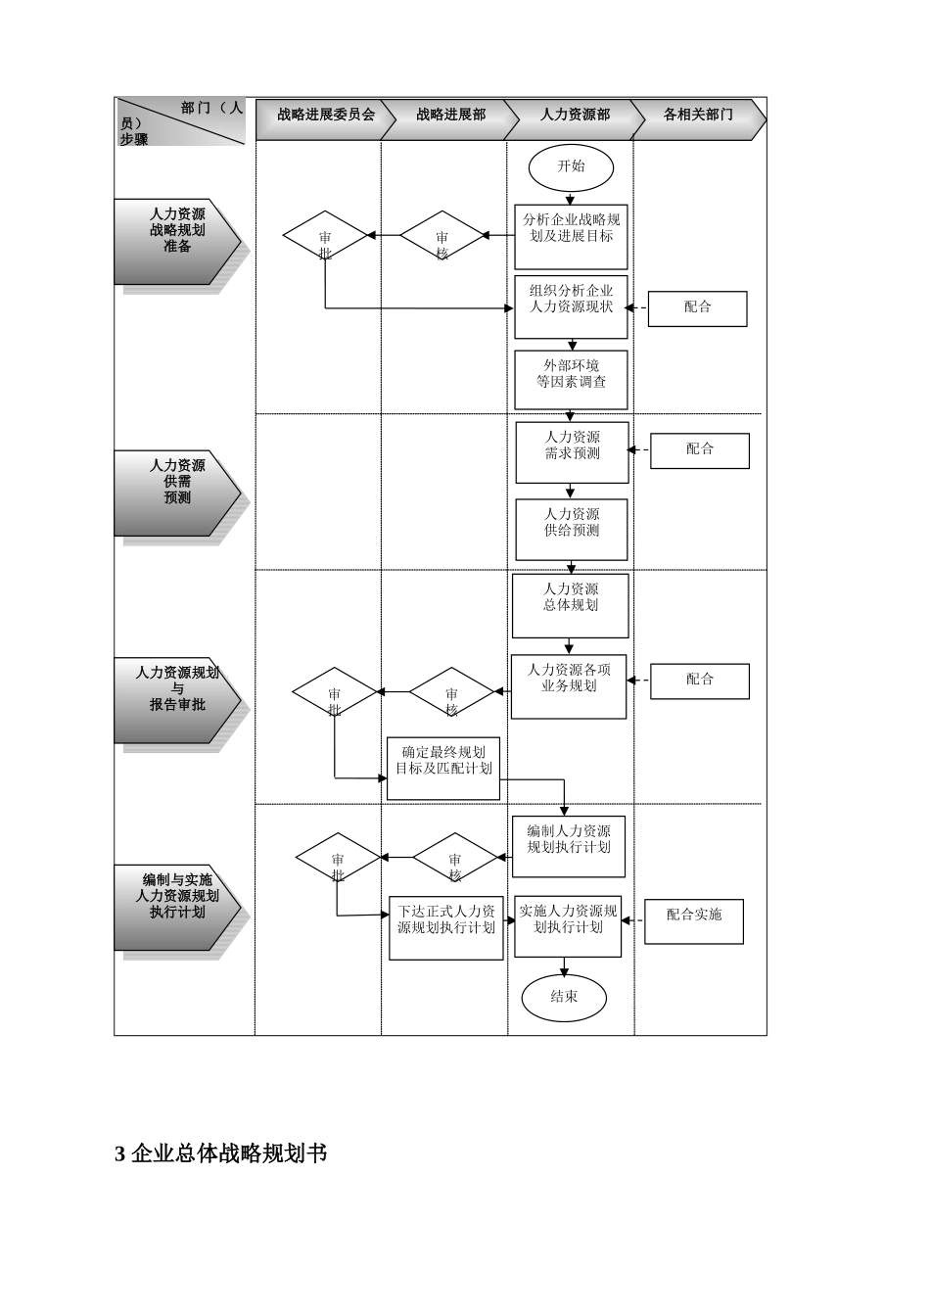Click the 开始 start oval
pos(571,167)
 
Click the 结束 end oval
pos(564,998)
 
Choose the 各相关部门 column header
pos(697,116)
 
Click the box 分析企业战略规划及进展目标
pos(571,236)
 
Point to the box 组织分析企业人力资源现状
pos(571,306)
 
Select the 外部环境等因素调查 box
pos(571,380)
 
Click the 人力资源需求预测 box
pos(572,452)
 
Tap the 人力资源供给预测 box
pos(572,530)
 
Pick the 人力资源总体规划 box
pos(570,605)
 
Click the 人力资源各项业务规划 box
pos(569,686)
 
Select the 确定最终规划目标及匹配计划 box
pos(443,768)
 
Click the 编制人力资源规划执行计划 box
pos(568,846)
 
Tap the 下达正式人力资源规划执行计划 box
pos(445,927)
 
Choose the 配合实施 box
pos(694,921)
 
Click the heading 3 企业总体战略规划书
pos(221,1154)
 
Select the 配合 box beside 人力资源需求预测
pos(699,450)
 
